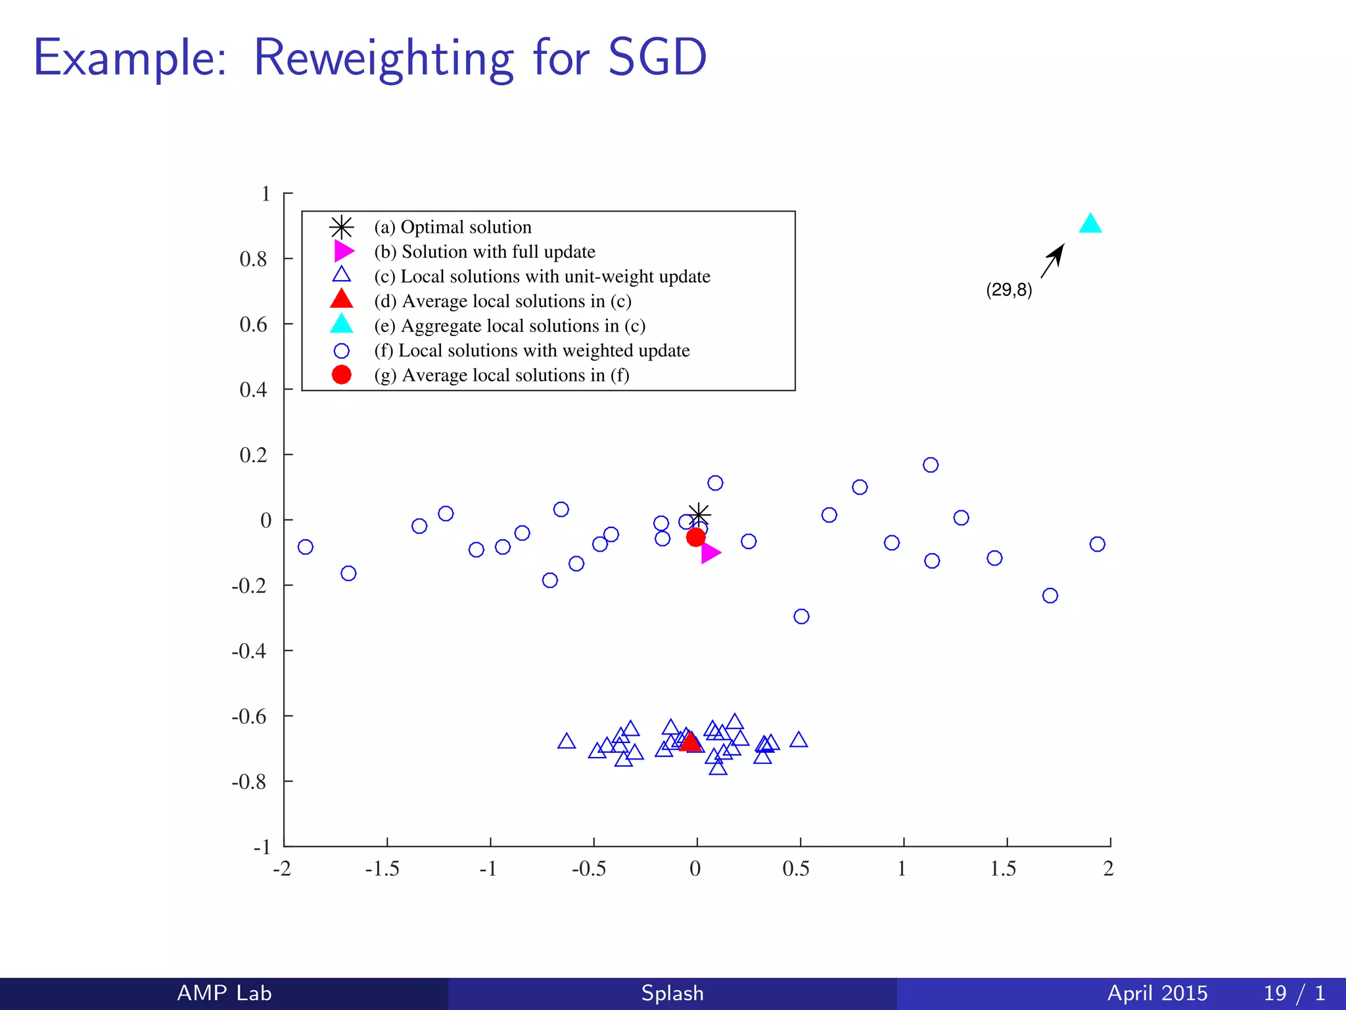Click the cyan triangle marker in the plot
tap(1090, 225)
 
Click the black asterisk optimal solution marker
tap(699, 514)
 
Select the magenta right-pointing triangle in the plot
tap(710, 553)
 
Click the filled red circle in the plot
tap(695, 537)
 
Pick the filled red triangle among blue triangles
tap(690, 742)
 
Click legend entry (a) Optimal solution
tap(453, 227)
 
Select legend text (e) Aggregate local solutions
tap(510, 325)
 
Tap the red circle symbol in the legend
tap(341, 375)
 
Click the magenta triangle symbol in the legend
tap(343, 251)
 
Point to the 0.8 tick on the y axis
tap(254, 259)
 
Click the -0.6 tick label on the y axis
tap(249, 716)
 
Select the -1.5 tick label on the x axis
tap(382, 869)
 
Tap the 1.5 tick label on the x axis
tap(1003, 869)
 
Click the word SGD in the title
tap(657, 58)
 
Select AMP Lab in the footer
tap(224, 993)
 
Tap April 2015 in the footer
tap(1157, 993)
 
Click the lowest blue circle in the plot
tap(801, 616)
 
